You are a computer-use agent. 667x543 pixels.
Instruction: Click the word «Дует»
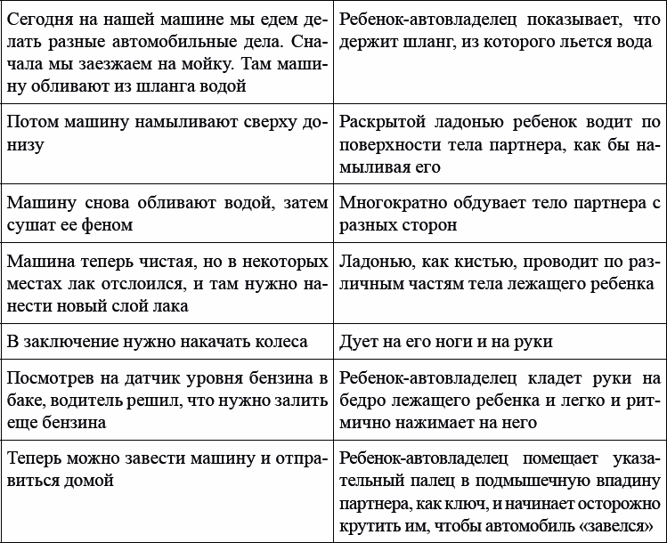pyautogui.click(x=361, y=342)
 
